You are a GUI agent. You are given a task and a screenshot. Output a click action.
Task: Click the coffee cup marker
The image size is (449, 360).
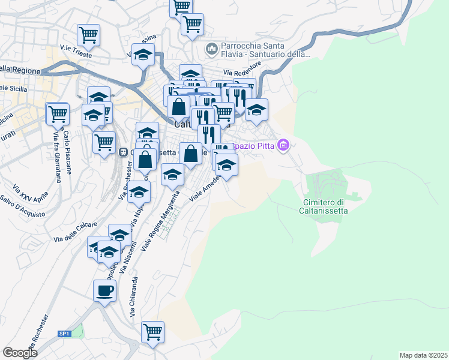[104, 292]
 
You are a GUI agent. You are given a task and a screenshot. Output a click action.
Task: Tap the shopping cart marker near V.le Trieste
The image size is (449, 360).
[88, 35]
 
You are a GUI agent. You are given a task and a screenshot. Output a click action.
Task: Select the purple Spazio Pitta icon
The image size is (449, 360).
[285, 145]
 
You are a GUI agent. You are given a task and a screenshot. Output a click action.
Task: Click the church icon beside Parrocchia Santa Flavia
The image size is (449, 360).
[211, 47]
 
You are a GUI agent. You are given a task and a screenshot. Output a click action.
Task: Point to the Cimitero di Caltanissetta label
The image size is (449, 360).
[323, 206]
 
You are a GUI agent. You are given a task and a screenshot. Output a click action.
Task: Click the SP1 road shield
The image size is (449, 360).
[65, 334]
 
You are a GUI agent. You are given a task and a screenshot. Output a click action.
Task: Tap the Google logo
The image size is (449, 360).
[20, 353]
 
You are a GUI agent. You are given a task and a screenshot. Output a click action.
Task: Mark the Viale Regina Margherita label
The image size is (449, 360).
[160, 221]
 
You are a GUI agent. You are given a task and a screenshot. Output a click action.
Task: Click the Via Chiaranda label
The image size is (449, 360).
[135, 297]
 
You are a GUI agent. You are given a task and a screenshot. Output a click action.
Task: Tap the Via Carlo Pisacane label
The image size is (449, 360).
[68, 152]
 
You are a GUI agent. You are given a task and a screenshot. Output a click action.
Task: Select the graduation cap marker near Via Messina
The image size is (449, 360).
[143, 55]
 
